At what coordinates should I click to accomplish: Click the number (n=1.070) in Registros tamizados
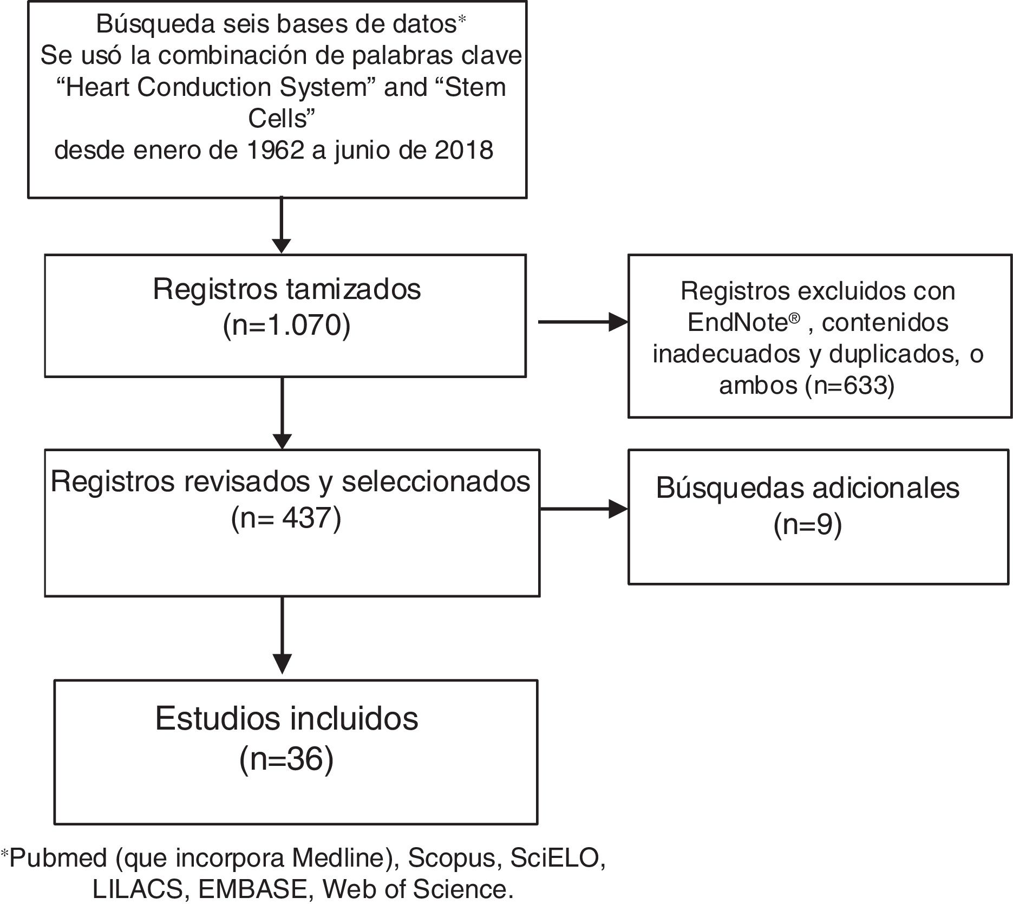pos(286,326)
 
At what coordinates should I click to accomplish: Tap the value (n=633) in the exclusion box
pos(849,385)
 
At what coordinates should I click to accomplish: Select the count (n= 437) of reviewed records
pos(286,518)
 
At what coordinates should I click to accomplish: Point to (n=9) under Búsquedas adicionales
pos(807,525)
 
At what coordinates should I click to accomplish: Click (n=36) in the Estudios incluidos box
pos(286,759)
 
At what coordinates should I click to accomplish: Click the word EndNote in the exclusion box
pos(737,323)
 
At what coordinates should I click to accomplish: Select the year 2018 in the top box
pos(463,151)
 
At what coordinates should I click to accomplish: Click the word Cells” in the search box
pos(282,119)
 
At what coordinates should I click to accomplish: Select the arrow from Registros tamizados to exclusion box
pos(582,322)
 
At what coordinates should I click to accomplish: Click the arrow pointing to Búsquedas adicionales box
pos(583,509)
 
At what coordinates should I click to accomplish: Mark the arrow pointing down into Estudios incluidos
pos(282,636)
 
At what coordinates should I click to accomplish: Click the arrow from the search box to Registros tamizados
pos(281,225)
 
